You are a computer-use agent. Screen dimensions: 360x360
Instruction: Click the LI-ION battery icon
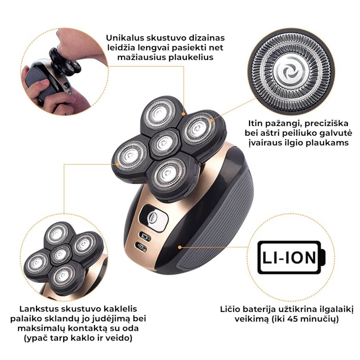click(x=292, y=257)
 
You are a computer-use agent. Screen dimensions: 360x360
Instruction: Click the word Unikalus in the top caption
click(x=125, y=38)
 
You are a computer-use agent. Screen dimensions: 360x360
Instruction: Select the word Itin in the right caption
click(x=255, y=123)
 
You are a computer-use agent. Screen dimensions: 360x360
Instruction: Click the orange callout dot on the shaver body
click(x=180, y=247)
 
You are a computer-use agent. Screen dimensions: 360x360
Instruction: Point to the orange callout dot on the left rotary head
click(x=117, y=164)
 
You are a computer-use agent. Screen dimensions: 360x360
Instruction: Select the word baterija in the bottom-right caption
click(x=259, y=310)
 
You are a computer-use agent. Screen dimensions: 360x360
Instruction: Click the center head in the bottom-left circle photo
click(x=61, y=254)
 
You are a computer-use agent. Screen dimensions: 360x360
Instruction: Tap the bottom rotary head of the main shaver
click(x=170, y=174)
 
